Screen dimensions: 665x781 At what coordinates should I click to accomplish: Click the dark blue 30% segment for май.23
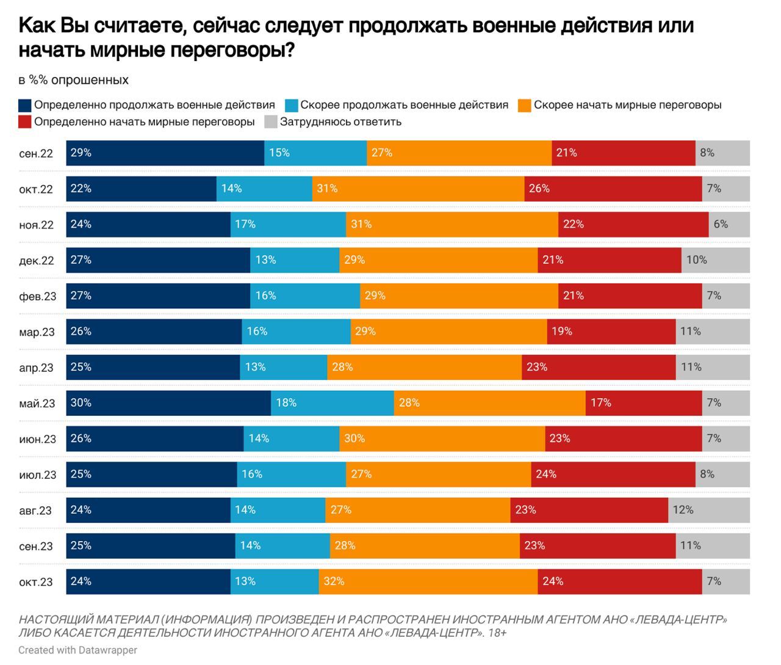(168, 403)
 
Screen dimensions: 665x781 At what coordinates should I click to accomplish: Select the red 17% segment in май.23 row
(644, 403)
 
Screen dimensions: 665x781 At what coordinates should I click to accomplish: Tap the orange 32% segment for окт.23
(428, 581)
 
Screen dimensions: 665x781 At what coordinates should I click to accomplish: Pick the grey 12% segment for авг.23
(709, 510)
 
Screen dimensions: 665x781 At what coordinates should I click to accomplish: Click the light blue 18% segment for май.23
(332, 403)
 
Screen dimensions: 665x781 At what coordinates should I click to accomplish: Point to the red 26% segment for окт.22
(613, 189)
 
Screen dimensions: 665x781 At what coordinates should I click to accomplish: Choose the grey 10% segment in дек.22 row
(715, 260)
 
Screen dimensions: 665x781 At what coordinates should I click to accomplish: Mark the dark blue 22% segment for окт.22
(141, 189)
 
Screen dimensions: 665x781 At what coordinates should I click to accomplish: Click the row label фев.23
(37, 296)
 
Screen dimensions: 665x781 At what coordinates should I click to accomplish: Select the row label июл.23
(37, 474)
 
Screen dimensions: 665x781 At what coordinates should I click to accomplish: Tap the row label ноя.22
(36, 225)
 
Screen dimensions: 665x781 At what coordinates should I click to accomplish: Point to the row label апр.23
(36, 368)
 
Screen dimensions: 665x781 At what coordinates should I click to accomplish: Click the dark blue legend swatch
(25, 106)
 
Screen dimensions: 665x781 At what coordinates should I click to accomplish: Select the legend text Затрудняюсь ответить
(340, 122)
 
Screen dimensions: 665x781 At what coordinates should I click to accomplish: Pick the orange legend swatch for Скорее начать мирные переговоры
(524, 106)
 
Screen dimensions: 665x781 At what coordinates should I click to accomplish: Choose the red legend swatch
(25, 122)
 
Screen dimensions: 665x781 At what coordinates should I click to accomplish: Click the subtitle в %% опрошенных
(73, 80)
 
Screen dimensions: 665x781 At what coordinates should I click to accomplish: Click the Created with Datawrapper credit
(77, 650)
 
